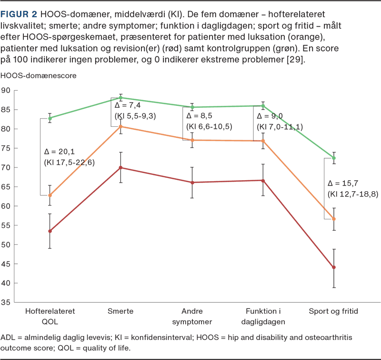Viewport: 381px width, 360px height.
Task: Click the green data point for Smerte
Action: (120, 97)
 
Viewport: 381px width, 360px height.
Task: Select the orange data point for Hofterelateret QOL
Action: (50, 195)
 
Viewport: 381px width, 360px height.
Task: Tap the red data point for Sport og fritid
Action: (334, 267)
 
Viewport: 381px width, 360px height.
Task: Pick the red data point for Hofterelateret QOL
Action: (50, 231)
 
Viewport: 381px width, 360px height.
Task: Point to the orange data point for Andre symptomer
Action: (192, 140)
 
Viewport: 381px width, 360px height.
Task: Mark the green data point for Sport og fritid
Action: (334, 158)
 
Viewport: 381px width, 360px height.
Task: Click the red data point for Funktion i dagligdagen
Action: (263, 181)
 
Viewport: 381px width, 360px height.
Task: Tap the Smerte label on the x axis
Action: (120, 311)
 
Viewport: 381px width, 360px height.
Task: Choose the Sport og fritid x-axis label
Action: (334, 311)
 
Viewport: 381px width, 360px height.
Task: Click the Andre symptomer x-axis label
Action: (192, 316)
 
